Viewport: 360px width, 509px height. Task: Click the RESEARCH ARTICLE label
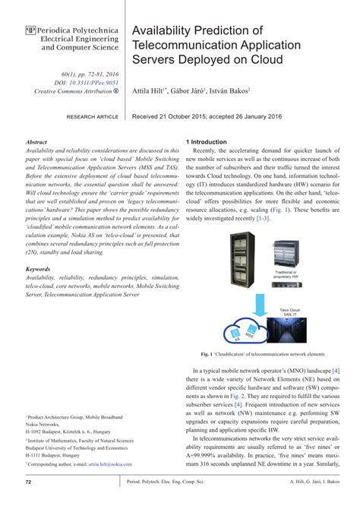tap(93, 118)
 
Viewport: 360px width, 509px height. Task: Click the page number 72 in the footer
tap(29, 482)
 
